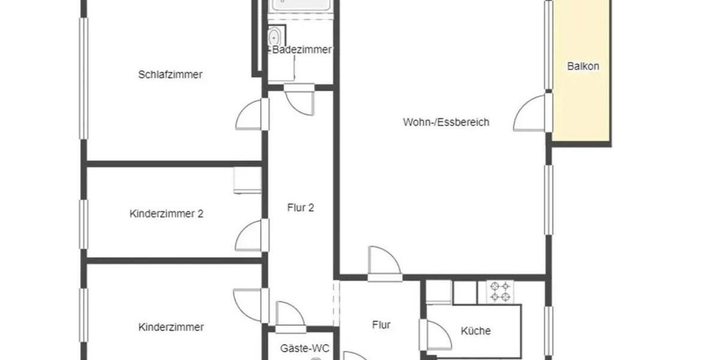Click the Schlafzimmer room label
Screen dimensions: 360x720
pos(170,75)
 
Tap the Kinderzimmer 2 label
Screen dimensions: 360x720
pos(166,214)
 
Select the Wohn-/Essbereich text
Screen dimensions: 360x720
pos(446,122)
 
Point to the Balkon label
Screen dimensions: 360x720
pos(583,67)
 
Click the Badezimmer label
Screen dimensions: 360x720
pos(302,50)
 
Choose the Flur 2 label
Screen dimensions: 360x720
pos(301,208)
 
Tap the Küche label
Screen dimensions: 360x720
pos(476,331)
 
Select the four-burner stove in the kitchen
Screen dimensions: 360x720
pos(499,292)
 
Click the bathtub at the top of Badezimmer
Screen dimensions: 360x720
pos(300,5)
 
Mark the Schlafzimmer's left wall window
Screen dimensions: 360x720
pos(84,78)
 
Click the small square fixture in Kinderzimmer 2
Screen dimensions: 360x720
pos(247,180)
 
